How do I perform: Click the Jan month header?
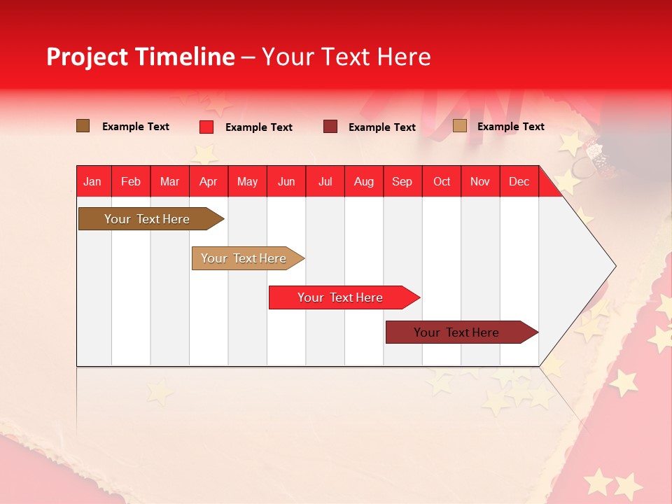click(x=92, y=182)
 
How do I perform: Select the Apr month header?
click(x=209, y=182)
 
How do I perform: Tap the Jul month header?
click(x=325, y=182)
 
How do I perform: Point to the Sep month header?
click(x=402, y=182)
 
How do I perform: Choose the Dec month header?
click(x=519, y=182)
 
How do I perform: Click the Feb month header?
click(x=131, y=182)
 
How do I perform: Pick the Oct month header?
click(x=442, y=182)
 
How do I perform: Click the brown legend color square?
click(x=83, y=126)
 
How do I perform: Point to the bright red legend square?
click(x=206, y=127)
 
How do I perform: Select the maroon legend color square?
click(x=330, y=127)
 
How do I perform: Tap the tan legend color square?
click(x=459, y=126)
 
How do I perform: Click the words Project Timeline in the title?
click(x=140, y=57)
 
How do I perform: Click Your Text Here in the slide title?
click(x=346, y=57)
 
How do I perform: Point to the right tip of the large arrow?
click(x=614, y=266)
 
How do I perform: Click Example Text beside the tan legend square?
click(x=510, y=127)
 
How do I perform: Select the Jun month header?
click(x=286, y=182)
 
